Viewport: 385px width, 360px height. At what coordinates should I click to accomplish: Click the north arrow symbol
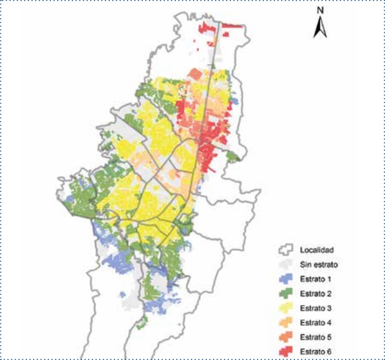click(x=320, y=28)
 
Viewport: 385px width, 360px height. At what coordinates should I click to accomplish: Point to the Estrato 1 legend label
click(x=315, y=279)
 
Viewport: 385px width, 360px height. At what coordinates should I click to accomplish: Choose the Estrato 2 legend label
click(x=315, y=293)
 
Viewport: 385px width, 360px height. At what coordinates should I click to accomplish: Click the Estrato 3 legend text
click(x=315, y=308)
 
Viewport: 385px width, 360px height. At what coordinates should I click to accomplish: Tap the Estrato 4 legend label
click(x=315, y=322)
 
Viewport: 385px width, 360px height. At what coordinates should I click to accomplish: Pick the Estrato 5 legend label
click(x=315, y=337)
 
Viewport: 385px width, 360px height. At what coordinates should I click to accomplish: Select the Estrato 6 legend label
click(x=315, y=351)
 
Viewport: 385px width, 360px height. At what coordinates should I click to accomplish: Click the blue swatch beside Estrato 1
click(x=285, y=278)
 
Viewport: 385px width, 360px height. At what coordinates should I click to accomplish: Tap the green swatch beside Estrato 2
click(x=285, y=293)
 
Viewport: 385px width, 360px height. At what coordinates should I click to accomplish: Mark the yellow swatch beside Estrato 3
click(x=285, y=307)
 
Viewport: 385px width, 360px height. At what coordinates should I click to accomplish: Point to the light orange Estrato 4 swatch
click(x=285, y=322)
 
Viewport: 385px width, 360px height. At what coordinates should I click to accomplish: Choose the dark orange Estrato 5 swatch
click(x=285, y=336)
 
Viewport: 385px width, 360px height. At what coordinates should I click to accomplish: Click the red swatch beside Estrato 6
click(x=285, y=351)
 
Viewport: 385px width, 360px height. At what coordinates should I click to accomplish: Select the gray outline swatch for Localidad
click(x=285, y=249)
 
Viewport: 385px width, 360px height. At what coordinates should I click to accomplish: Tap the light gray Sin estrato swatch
click(x=285, y=264)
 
